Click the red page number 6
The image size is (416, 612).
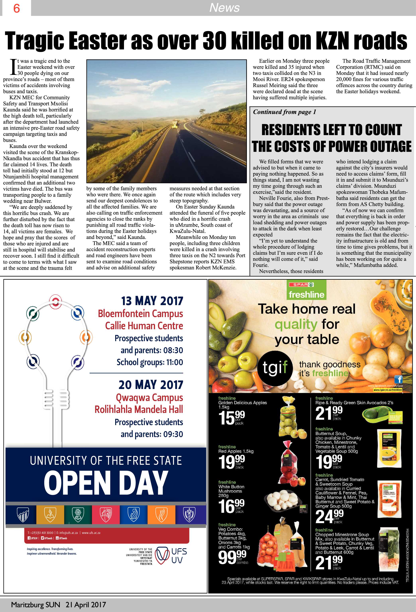click(16, 8)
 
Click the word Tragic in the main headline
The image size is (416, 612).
click(34, 41)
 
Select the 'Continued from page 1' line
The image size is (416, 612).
click(284, 112)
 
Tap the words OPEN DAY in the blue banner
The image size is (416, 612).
click(106, 482)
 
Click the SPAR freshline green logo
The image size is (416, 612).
click(306, 290)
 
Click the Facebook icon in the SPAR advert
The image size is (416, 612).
click(398, 379)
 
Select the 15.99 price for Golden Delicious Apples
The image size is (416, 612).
click(231, 418)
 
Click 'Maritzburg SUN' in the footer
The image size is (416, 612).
click(35, 605)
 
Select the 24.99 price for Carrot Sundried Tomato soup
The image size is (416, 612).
click(329, 517)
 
